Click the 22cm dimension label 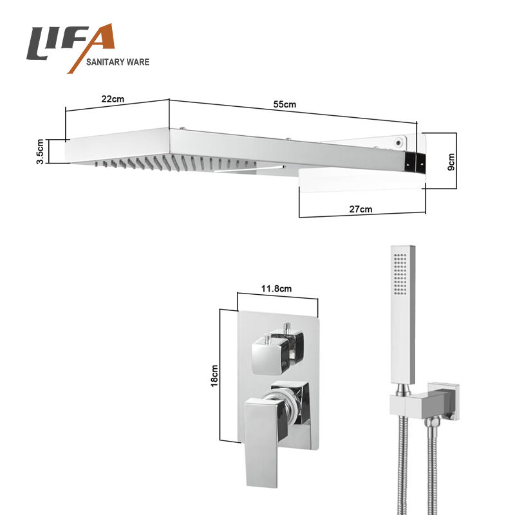[x=113, y=98]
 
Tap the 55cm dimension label [x=285, y=104]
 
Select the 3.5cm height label [x=40, y=151]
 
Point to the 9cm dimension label [x=451, y=162]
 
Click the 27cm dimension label [x=360, y=209]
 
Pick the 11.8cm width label [x=276, y=288]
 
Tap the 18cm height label [x=214, y=376]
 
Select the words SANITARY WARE [x=118, y=62]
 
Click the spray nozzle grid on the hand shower [x=400, y=274]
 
